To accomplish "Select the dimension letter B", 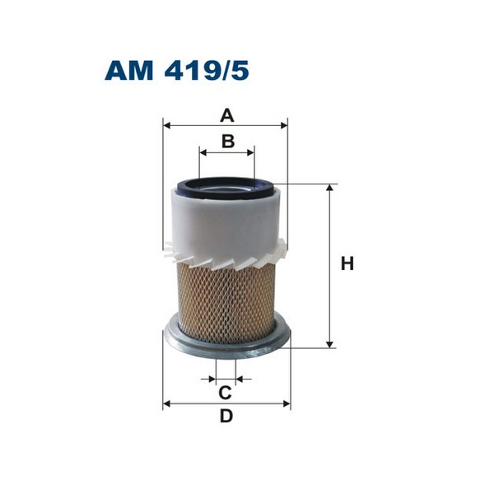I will pyautogui.click(x=228, y=141).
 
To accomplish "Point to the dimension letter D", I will pyautogui.click(x=226, y=417).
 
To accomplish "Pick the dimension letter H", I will pyautogui.click(x=347, y=264).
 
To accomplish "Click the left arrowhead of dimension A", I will pyautogui.click(x=167, y=126).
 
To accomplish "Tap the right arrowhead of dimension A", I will pyautogui.click(x=285, y=126).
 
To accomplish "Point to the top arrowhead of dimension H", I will pyautogui.click(x=330, y=188).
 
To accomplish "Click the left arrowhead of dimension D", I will pyautogui.click(x=167, y=404).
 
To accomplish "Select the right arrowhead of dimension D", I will pyautogui.click(x=288, y=404).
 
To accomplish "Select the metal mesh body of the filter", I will pyautogui.click(x=226, y=296).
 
